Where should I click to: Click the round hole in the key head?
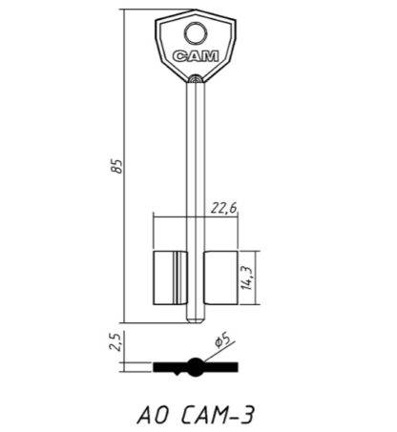coord(196,33)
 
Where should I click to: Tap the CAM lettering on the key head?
coord(196,56)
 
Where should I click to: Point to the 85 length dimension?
coord(117,166)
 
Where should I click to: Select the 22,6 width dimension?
coord(224,208)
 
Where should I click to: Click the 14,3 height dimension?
coord(247,278)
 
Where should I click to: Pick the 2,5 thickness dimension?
coord(115,341)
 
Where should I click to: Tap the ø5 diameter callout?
coord(222,340)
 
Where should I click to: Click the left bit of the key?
coord(171,278)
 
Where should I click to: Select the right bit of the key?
coord(220,278)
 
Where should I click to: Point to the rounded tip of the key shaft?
coord(196,320)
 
